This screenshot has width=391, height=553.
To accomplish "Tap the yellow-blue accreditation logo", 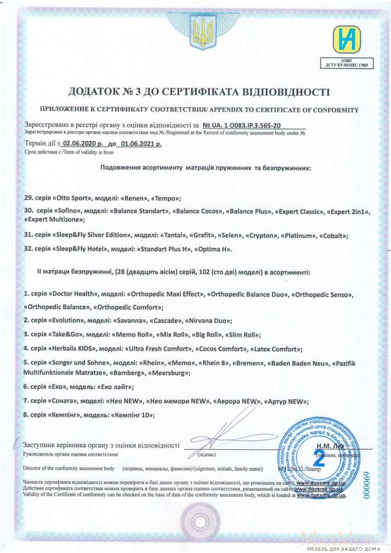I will [346, 40].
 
